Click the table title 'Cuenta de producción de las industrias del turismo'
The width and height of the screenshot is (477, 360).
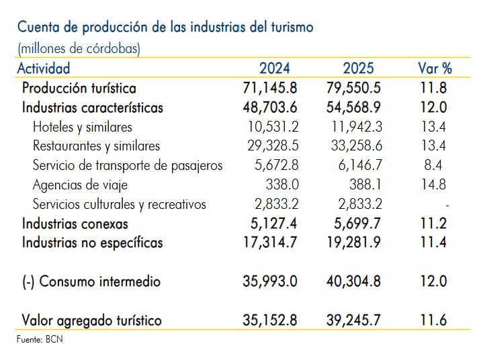click(x=165, y=28)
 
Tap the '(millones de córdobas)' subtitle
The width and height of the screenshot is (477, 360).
click(x=79, y=48)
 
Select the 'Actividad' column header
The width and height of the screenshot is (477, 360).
click(x=44, y=68)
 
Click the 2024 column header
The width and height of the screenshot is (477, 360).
click(x=275, y=68)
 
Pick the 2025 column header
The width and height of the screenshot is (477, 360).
click(x=358, y=68)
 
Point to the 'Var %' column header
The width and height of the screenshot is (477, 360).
click(x=435, y=68)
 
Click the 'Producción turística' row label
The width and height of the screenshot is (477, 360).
click(x=79, y=88)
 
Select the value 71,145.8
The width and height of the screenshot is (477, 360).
click(x=270, y=88)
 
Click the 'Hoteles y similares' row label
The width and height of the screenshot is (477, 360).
click(x=83, y=127)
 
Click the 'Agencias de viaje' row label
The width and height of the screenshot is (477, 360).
click(x=80, y=185)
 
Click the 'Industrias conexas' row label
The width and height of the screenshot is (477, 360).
click(x=75, y=224)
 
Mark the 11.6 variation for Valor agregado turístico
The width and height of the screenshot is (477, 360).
click(x=434, y=320)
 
